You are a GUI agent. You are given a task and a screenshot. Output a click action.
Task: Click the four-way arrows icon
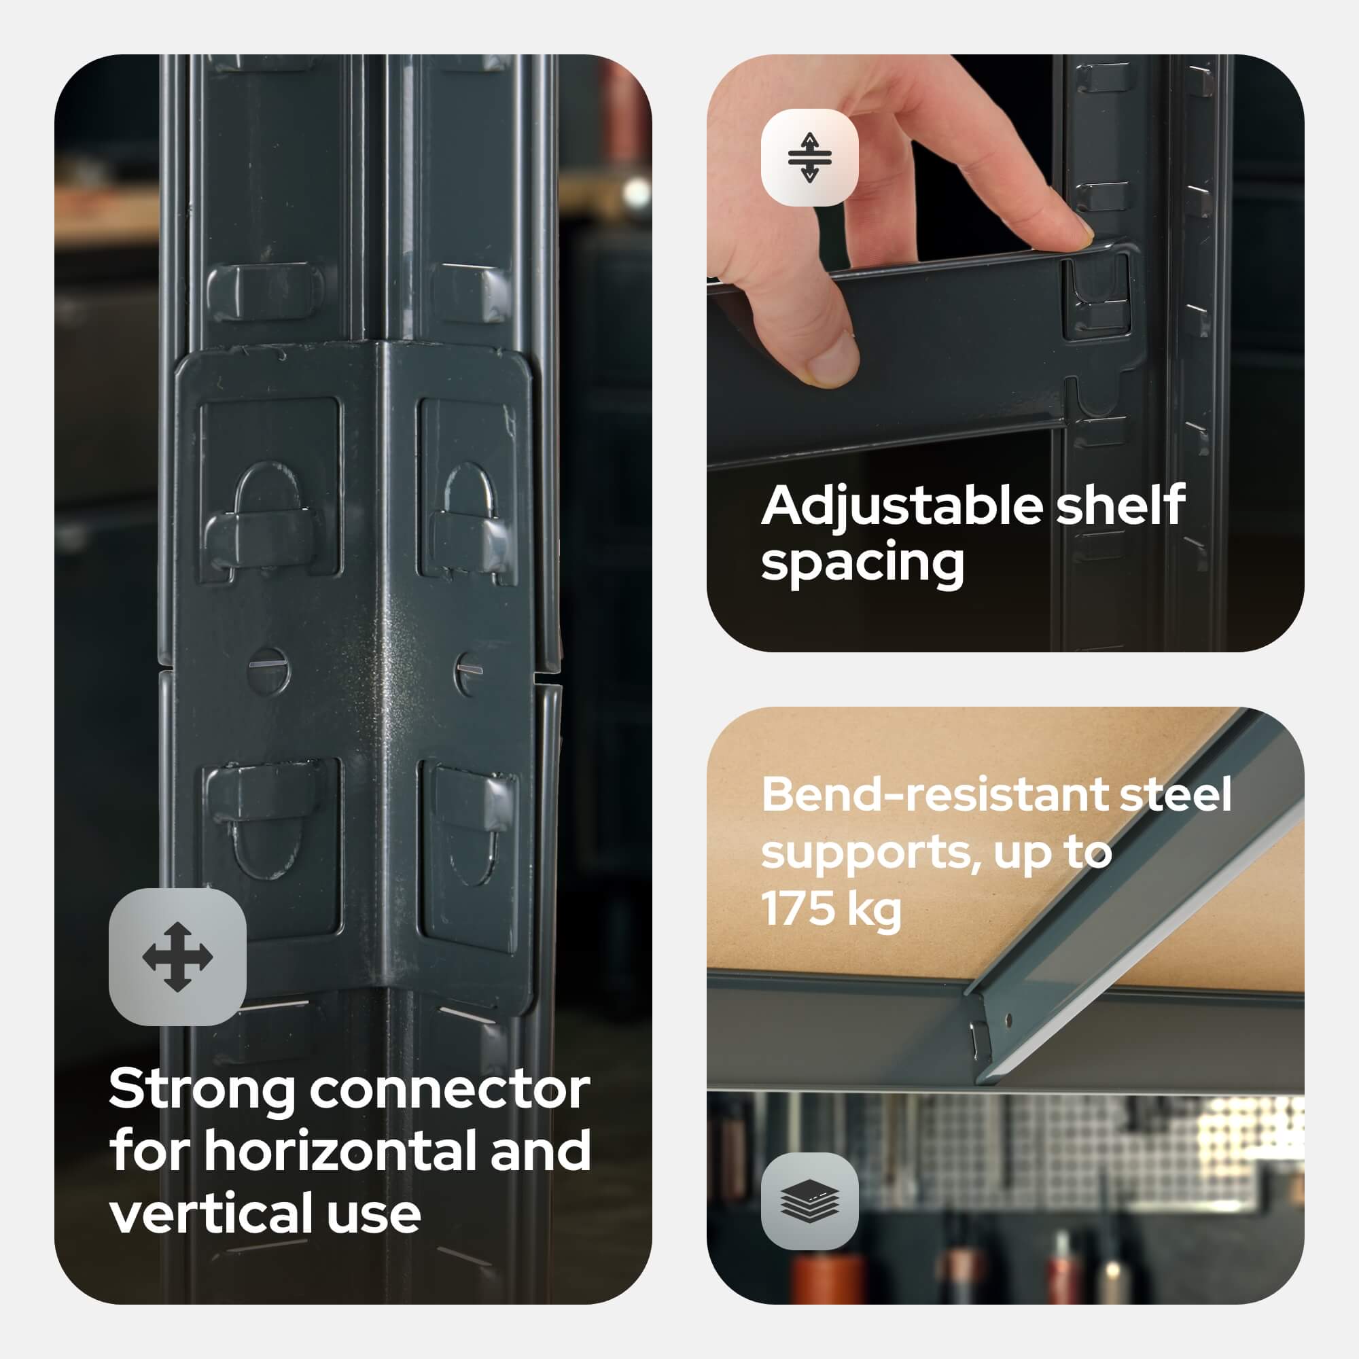(177, 957)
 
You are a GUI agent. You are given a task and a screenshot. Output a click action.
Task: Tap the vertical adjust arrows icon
(810, 157)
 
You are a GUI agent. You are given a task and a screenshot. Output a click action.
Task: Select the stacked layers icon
(810, 1201)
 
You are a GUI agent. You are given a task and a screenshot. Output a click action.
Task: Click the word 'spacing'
(862, 564)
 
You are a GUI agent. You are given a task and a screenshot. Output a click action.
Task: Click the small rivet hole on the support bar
(1008, 1019)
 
